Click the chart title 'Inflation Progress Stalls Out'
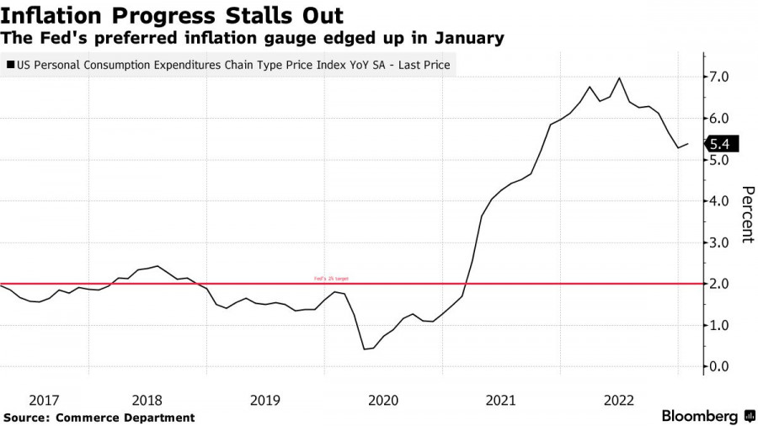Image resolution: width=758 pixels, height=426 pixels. pos(172,15)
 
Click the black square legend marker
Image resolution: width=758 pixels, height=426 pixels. pos(10,64)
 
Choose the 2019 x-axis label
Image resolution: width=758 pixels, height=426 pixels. pos(264,400)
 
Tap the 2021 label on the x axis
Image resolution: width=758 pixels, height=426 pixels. pos(501,400)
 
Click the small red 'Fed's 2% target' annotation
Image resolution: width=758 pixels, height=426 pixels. pos(331,279)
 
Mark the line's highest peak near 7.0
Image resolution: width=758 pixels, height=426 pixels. pos(620,78)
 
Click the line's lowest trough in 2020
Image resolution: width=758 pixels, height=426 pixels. pos(364,349)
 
